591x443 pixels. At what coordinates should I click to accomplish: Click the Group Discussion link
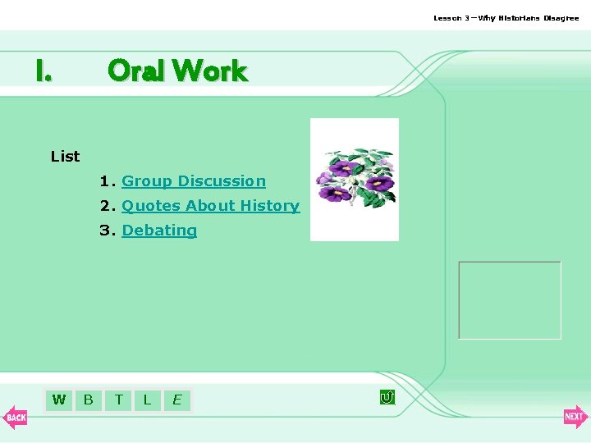(194, 181)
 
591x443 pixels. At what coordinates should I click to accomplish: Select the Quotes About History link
(210, 206)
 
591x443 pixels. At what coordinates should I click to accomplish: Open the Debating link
(159, 231)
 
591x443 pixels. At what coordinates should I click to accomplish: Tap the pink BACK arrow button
(15, 417)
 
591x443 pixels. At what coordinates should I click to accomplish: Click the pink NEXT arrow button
(575, 417)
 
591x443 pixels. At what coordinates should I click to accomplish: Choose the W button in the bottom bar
(59, 400)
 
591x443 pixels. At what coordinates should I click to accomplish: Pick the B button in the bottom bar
(89, 400)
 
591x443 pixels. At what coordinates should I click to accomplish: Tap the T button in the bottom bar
(119, 400)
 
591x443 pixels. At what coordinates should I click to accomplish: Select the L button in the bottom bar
(147, 400)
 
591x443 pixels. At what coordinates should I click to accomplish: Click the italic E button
(176, 400)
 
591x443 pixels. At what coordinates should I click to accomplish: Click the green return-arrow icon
(387, 398)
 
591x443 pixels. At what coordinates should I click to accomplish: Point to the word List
(65, 156)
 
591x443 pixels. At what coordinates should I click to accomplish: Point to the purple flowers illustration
(355, 179)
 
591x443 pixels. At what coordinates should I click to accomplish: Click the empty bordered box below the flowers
(510, 300)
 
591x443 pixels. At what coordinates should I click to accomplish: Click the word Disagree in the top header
(561, 18)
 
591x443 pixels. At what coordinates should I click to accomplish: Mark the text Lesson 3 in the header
(452, 18)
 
